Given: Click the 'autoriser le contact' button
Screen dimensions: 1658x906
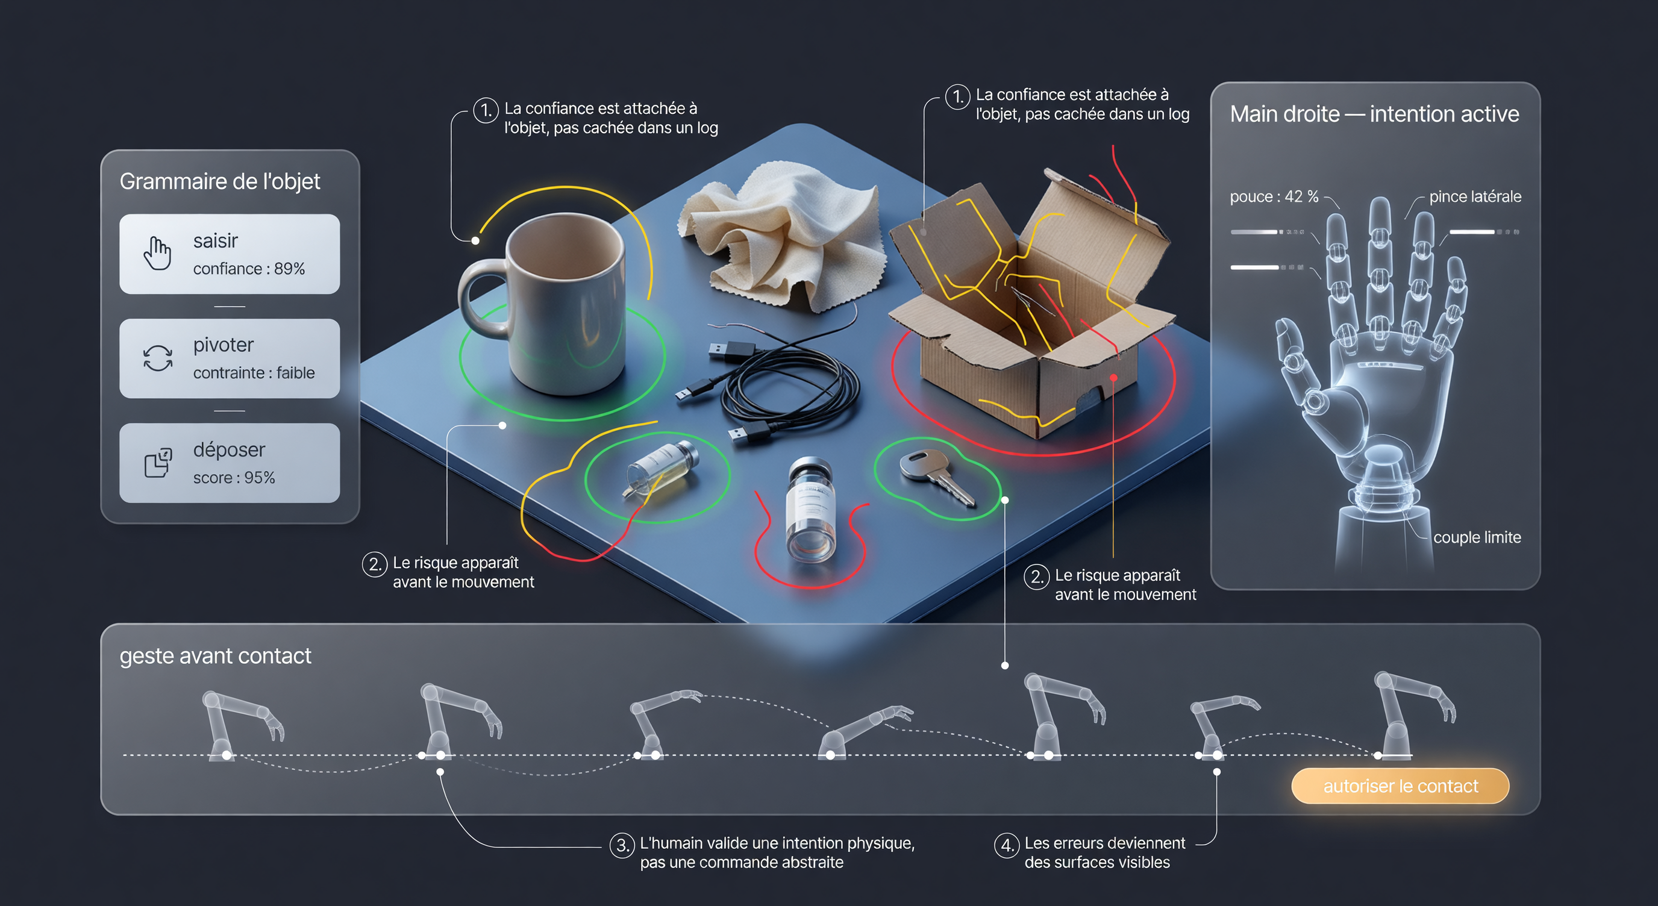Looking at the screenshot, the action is point(1400,786).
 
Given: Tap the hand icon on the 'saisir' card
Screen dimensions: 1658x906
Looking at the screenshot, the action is point(157,254).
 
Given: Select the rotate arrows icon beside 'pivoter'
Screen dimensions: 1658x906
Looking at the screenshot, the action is point(158,358).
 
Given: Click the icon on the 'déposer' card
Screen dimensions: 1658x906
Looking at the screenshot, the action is point(158,463).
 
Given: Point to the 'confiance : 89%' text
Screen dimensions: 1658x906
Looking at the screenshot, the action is point(249,269).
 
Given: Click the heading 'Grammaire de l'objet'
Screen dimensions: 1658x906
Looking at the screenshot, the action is point(219,181).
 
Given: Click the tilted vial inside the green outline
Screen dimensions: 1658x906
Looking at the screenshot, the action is point(660,469).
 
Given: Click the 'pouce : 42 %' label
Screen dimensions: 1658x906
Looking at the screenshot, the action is point(1274,197).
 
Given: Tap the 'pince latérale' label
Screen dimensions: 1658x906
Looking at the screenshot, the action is point(1475,197).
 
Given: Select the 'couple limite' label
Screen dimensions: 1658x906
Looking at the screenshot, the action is point(1477,537).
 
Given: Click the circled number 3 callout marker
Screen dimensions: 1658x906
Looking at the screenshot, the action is point(622,845).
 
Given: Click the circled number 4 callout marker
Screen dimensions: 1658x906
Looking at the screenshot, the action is point(1007,845).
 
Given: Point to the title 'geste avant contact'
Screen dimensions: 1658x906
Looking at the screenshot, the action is point(215,655).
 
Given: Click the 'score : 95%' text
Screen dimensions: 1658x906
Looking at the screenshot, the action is point(234,478).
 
